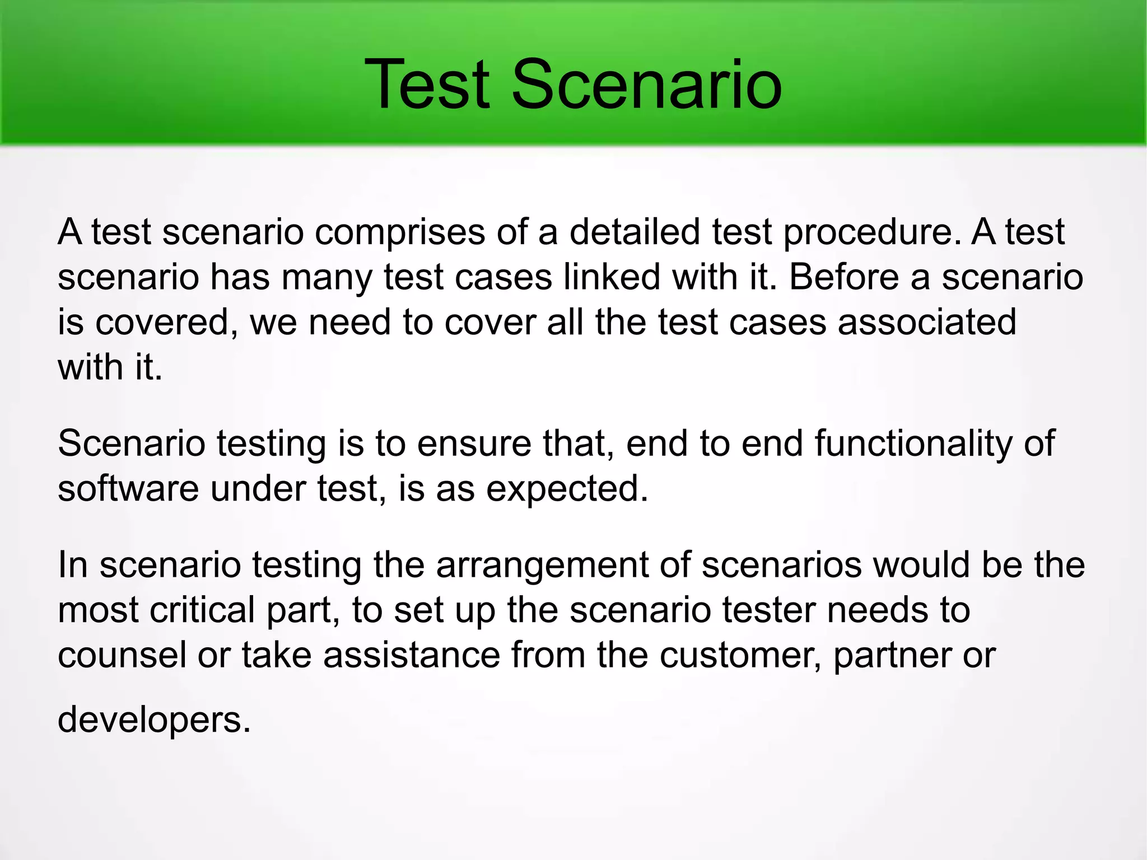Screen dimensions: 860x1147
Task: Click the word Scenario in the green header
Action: point(646,85)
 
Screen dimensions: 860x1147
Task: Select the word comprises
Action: point(399,232)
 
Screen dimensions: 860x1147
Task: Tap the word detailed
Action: point(635,231)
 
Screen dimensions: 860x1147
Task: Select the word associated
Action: point(927,322)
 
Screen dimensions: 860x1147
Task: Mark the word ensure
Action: point(474,443)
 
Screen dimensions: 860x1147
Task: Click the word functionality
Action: point(913,443)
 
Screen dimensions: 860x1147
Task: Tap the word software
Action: point(128,488)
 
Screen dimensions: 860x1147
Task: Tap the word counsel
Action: point(122,655)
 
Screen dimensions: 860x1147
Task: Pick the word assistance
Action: point(411,655)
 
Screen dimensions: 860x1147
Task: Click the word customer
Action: point(740,655)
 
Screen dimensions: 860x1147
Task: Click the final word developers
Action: point(154,721)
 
